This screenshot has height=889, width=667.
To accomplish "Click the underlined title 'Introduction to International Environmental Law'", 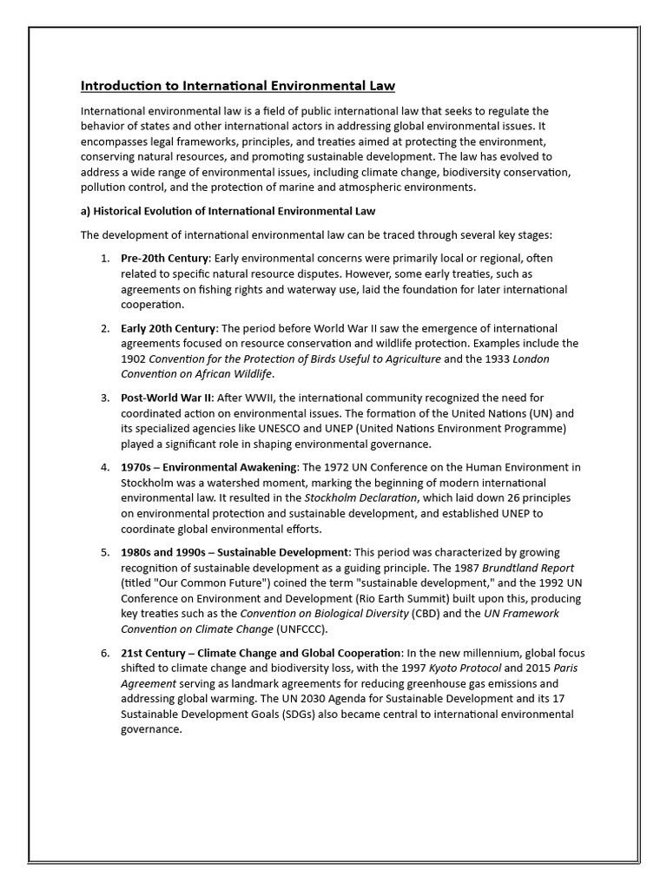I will point(238,86).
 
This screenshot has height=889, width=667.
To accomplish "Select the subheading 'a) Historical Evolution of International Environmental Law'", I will point(228,211).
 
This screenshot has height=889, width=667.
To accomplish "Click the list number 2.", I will point(104,328).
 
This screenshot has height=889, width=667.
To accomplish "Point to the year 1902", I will point(135,359).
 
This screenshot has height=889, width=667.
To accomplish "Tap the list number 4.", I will point(104,467).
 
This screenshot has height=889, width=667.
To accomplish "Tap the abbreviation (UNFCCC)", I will point(302,629).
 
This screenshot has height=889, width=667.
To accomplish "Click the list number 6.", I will point(104,652).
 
